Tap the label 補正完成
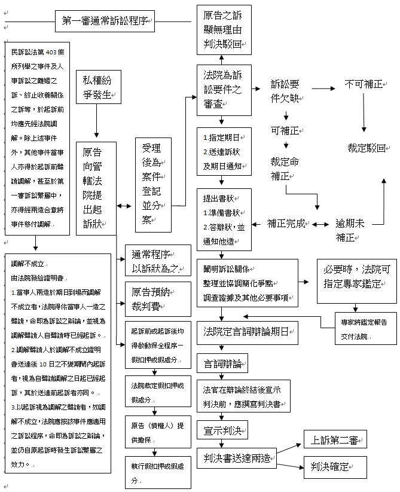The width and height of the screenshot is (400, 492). (286, 224)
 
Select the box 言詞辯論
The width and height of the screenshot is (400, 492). (222, 362)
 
